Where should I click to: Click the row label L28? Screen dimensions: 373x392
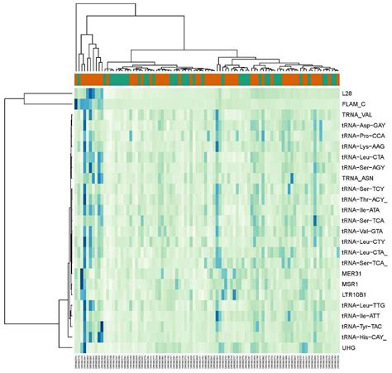(347, 93)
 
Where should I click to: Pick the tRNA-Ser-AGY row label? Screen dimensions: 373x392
(363, 167)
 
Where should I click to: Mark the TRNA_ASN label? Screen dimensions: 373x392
(358, 178)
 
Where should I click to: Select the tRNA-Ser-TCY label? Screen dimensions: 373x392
(363, 189)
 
